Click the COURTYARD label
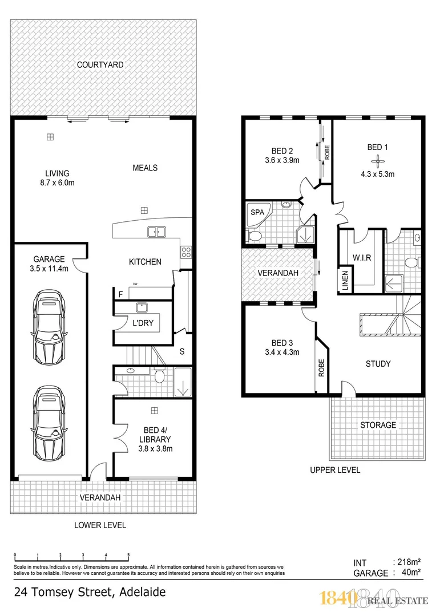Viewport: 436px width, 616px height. point(100,65)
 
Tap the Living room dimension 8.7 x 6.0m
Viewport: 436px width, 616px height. point(57,183)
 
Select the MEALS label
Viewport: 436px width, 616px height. point(145,168)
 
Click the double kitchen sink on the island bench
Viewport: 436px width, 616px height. point(156,232)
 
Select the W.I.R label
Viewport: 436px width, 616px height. point(362,257)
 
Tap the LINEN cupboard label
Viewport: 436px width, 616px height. point(345,281)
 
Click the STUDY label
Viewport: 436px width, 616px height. point(378,363)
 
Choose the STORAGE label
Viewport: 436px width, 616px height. point(378,425)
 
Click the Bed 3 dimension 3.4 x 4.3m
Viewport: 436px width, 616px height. point(282,352)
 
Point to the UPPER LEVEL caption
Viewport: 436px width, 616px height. point(335,471)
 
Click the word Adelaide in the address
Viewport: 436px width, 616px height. point(143,592)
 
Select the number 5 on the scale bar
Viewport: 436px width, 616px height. point(128,555)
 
